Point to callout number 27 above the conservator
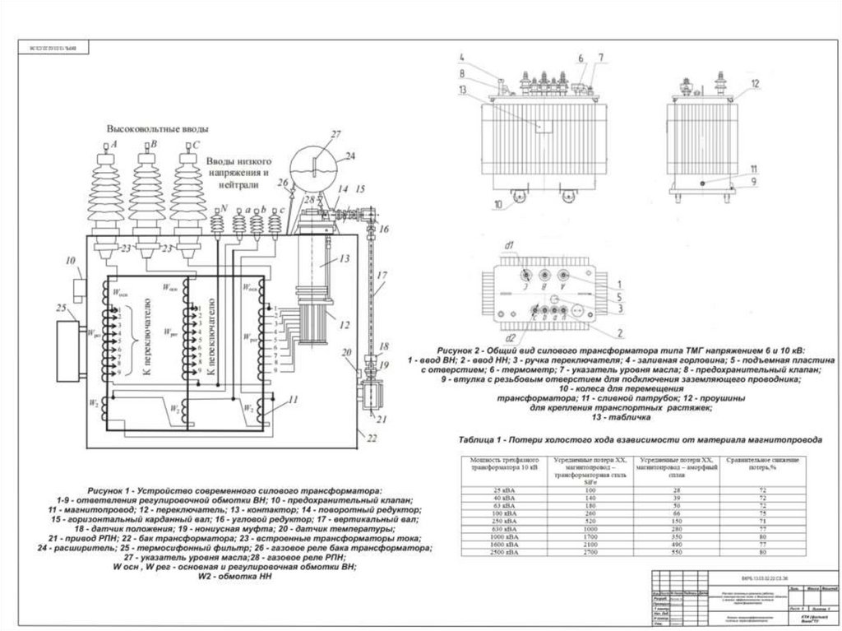pos(334,134)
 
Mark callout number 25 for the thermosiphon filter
pos(61,309)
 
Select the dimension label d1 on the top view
pos(509,246)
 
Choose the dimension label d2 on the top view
pos(510,337)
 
